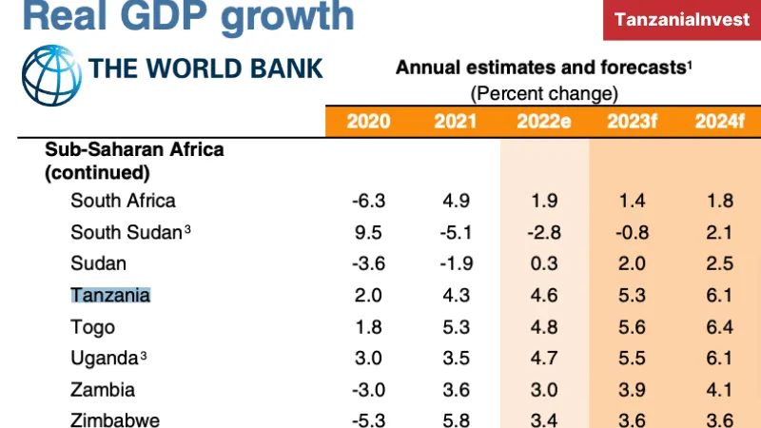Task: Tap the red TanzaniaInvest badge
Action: point(681,19)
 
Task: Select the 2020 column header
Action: point(368,121)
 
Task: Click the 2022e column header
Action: point(543,121)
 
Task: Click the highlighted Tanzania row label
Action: point(110,295)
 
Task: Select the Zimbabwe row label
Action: point(115,419)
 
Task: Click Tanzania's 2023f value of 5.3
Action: point(632,295)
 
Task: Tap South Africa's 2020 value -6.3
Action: point(367,201)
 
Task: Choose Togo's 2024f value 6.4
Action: point(720,326)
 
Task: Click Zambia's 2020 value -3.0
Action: point(367,389)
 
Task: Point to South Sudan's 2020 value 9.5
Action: point(369,232)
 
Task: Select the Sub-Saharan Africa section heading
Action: point(134,149)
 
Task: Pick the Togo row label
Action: point(92,326)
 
